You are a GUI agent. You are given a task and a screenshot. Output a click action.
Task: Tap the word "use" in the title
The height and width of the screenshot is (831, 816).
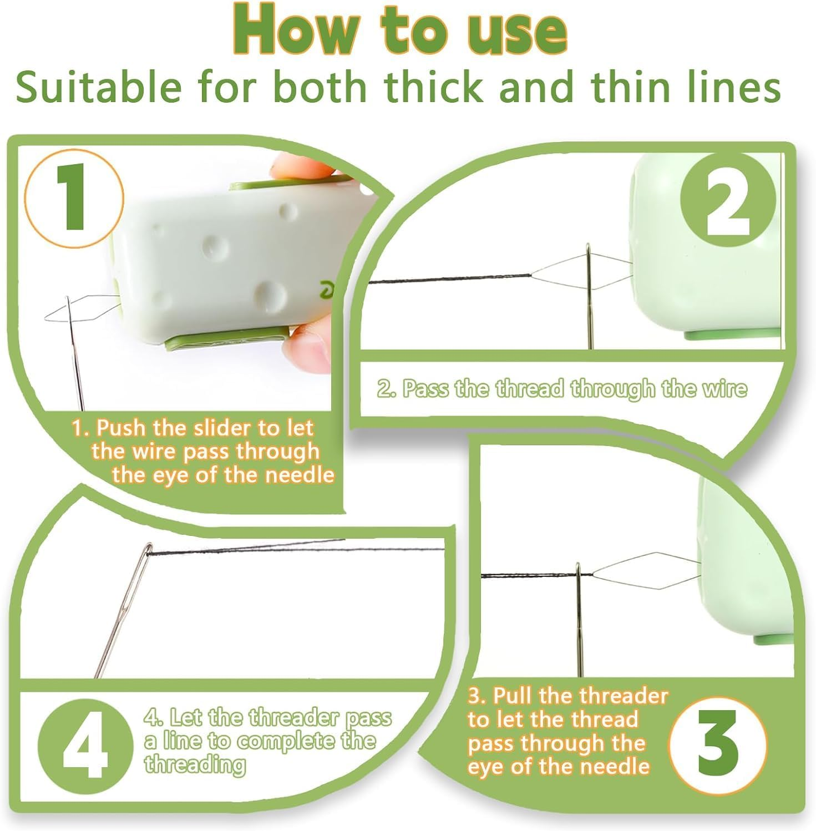coord(515,31)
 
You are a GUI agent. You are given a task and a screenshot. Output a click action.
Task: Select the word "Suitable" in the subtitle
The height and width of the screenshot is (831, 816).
coord(98,87)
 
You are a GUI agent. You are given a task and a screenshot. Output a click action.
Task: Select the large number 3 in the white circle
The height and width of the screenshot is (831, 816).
coord(718,743)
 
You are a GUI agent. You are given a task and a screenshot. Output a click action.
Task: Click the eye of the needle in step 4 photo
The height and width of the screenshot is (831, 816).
coord(148,550)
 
